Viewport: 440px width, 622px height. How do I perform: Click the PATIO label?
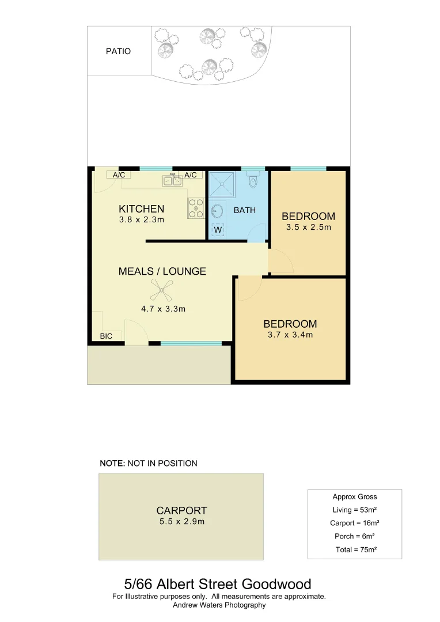point(118,51)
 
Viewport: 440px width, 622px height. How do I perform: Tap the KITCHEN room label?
point(141,209)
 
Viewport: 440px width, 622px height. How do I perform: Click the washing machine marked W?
point(218,230)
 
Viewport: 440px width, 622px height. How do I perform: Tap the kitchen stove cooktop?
point(196,208)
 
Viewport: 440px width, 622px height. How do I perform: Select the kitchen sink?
point(172,181)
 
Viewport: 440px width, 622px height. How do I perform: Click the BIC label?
point(106,336)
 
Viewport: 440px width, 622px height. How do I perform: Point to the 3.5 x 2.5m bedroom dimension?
point(309,227)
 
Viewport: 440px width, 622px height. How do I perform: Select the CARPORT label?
point(181,510)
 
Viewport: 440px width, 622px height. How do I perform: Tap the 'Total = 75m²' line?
point(355,549)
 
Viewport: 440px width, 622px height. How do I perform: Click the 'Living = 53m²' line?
point(355,510)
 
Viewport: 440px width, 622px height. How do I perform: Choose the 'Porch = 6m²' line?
point(355,536)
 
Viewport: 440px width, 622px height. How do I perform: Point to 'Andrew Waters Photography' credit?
point(219,605)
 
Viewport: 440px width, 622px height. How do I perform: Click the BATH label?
point(244,210)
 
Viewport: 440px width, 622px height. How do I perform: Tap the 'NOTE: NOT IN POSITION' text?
point(149,463)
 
